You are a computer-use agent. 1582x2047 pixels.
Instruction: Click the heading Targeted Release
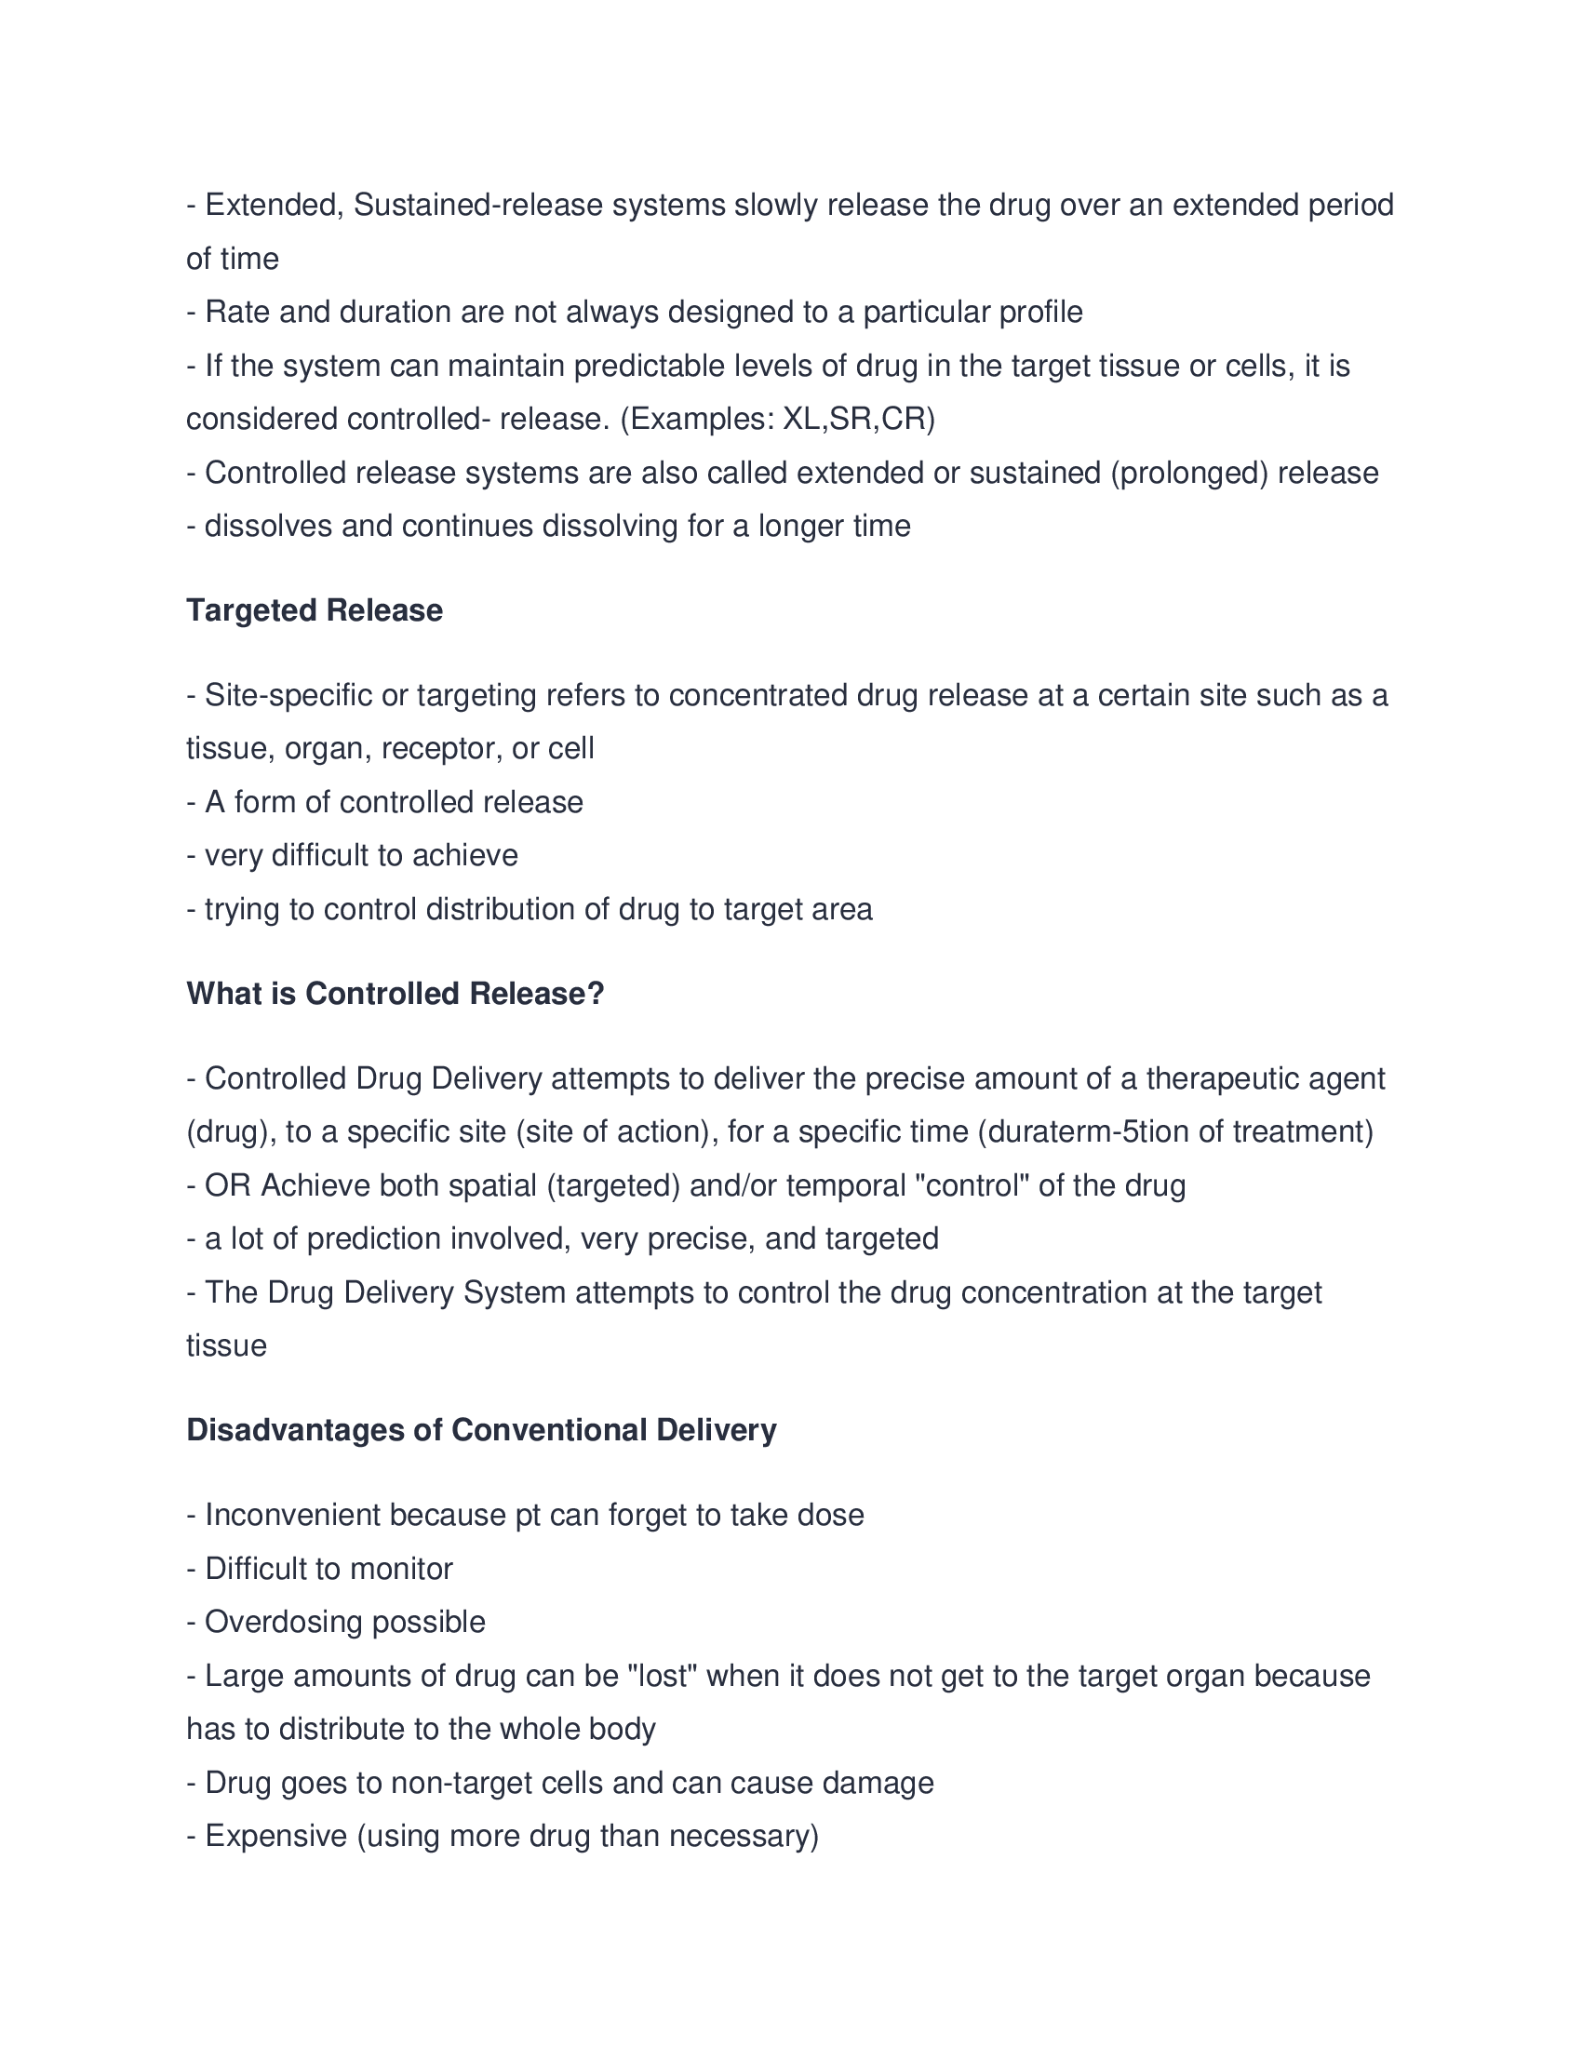[314, 610]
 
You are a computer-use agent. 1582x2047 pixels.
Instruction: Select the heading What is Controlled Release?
[395, 994]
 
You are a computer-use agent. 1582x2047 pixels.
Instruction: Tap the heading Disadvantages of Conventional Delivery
[481, 1429]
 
